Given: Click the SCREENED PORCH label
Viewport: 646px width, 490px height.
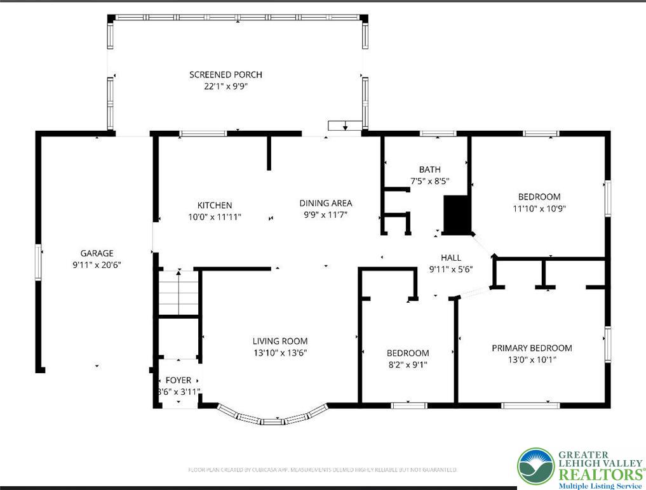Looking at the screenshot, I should pyautogui.click(x=225, y=75).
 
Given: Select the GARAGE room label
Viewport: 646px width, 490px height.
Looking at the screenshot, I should pyautogui.click(x=97, y=253).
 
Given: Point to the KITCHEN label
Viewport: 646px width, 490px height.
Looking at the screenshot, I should pyautogui.click(x=215, y=205).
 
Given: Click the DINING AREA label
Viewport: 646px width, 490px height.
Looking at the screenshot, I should pyautogui.click(x=325, y=203).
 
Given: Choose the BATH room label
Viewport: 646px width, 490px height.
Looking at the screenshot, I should pyautogui.click(x=429, y=169).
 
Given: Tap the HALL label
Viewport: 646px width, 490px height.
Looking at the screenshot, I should pyautogui.click(x=451, y=258).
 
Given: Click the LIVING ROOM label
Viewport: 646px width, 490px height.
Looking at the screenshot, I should pyautogui.click(x=280, y=341).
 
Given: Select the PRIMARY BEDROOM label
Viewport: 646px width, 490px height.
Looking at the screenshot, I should pyautogui.click(x=532, y=348).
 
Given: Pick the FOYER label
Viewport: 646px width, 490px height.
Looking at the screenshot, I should pyautogui.click(x=178, y=380).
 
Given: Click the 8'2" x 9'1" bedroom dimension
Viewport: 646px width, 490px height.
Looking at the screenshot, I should pyautogui.click(x=407, y=364).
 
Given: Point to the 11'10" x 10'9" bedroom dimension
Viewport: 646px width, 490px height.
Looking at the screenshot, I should pyautogui.click(x=539, y=208).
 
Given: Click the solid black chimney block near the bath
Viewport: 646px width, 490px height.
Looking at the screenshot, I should pyautogui.click(x=457, y=215).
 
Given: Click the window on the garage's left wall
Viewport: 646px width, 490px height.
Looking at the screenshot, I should pyautogui.click(x=38, y=261).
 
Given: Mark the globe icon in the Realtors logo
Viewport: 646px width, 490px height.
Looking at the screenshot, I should pyautogui.click(x=535, y=466).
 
